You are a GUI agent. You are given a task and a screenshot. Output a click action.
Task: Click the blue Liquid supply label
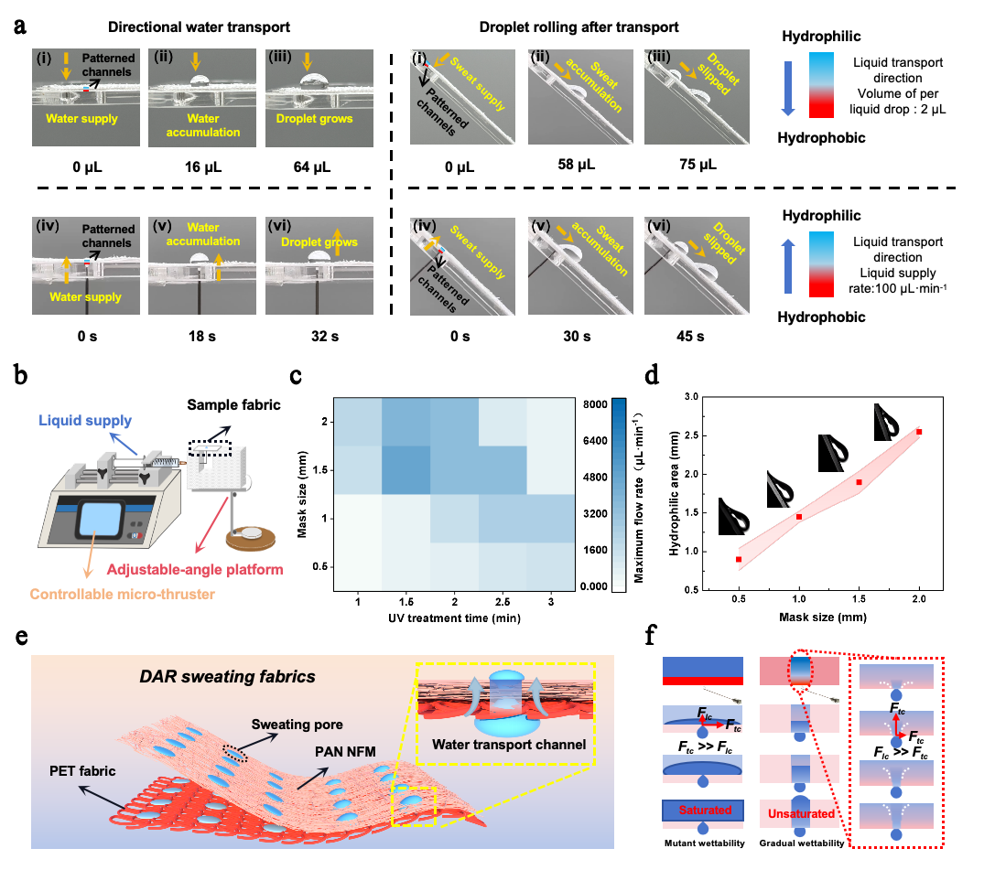pos(86,421)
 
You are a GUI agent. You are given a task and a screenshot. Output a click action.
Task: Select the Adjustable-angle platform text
pos(194,569)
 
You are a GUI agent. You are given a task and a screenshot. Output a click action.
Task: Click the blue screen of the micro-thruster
pos(105,519)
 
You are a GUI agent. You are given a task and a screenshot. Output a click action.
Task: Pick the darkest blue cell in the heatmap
pos(406,468)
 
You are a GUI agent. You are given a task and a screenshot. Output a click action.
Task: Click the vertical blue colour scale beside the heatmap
pos(619,491)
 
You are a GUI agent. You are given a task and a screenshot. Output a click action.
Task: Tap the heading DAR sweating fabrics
pos(227,677)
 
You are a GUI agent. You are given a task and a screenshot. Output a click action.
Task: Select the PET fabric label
pos(83,770)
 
